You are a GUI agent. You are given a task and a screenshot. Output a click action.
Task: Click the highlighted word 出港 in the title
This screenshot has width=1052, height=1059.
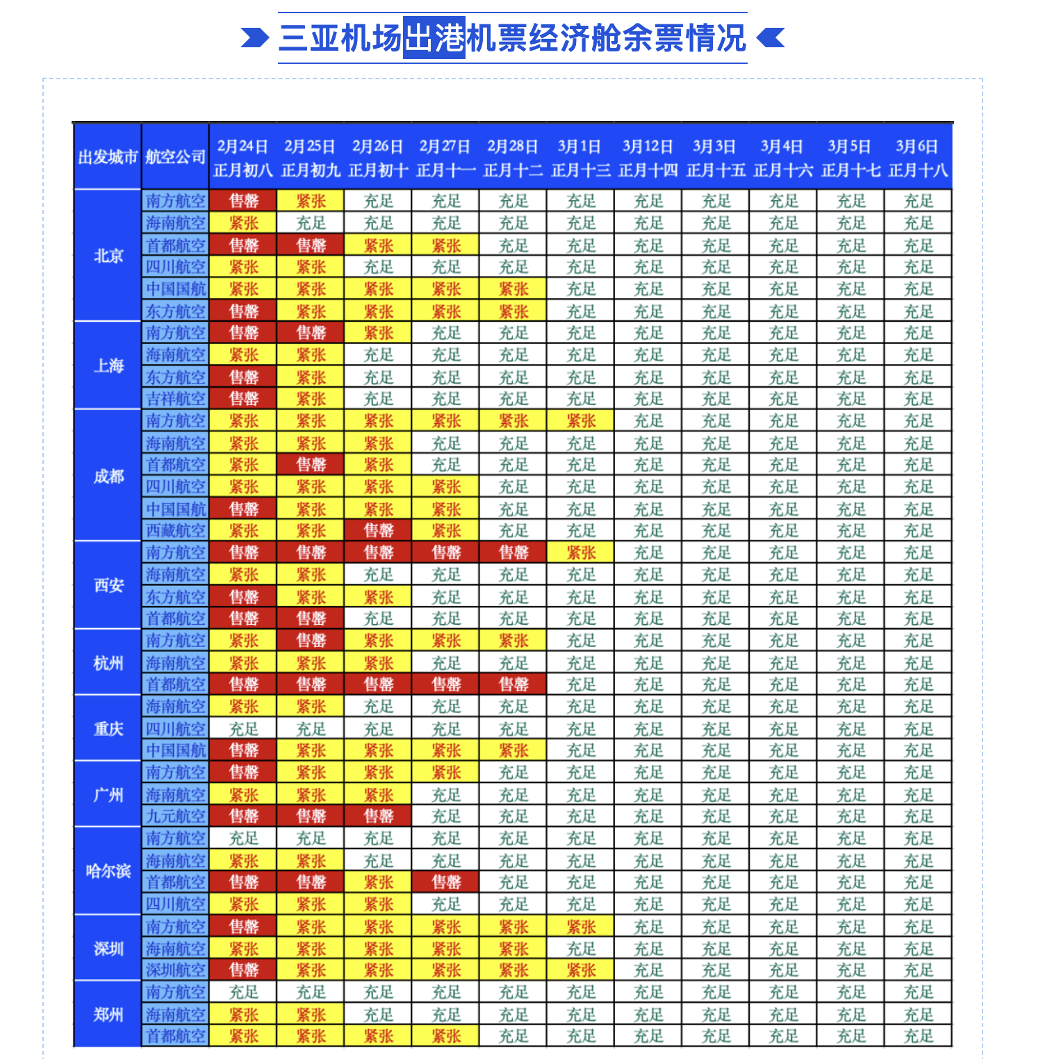coord(434,38)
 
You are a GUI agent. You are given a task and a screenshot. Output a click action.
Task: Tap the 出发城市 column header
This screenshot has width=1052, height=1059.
coord(108,157)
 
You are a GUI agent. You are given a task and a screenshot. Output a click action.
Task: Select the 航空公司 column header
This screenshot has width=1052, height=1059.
coord(175,157)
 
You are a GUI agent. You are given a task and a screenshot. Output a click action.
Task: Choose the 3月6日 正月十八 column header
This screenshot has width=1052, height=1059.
coord(917,158)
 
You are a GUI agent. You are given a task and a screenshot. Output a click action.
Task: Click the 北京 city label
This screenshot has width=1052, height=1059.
coord(108,256)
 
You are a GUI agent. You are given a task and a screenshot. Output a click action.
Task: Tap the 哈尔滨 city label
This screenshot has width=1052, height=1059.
coord(108,871)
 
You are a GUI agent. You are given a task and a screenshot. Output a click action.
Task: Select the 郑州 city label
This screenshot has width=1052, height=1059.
coord(108,1015)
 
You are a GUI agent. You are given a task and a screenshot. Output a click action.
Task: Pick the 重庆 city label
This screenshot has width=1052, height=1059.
coord(108,729)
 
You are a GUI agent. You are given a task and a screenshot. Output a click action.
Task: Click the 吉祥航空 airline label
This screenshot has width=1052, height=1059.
coord(176,399)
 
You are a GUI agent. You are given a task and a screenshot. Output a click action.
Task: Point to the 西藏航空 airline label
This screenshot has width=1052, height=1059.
coord(176,531)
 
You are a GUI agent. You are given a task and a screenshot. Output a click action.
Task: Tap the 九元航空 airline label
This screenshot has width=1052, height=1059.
coord(176,816)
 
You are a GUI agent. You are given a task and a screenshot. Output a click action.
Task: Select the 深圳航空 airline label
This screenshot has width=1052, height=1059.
coord(176,970)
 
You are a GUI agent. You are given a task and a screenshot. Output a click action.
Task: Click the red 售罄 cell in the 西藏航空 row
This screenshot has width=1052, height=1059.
coord(379,531)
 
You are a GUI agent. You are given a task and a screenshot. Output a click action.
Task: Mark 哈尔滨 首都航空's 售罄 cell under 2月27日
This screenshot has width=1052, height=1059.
coord(446,882)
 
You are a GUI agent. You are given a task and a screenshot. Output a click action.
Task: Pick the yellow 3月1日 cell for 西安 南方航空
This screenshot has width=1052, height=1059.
coord(581,553)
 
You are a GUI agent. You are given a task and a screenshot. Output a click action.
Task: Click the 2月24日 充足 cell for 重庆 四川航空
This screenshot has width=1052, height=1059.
coord(243,729)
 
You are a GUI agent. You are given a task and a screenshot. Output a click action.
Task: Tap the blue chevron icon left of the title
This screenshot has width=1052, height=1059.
coord(254,38)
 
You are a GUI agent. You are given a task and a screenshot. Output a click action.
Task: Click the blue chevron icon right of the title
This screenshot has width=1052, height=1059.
coord(771,38)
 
